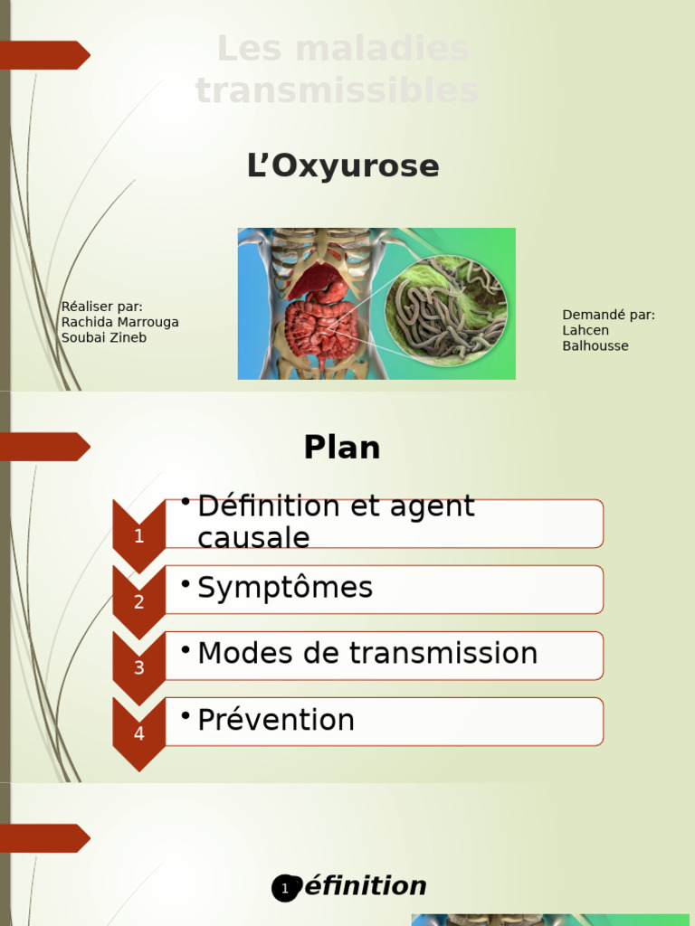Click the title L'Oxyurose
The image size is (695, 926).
[x=342, y=166]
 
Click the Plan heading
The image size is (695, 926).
[x=342, y=448]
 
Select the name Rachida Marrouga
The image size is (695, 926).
[x=119, y=322]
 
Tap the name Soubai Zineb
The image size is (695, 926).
[x=103, y=337]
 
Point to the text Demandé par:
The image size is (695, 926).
[x=608, y=315]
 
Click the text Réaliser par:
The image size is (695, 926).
[x=101, y=307]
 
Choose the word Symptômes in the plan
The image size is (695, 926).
[x=285, y=588]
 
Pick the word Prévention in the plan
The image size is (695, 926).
[x=276, y=721]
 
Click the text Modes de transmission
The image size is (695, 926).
[x=367, y=654]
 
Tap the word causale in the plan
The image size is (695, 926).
[x=253, y=538]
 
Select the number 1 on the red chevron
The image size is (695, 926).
[x=138, y=536]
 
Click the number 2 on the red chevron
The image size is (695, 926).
[x=138, y=602]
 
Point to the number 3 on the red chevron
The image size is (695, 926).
[x=138, y=668]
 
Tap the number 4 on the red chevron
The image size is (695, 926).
[x=138, y=734]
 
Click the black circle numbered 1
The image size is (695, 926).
[x=285, y=889]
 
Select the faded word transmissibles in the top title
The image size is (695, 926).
[x=337, y=90]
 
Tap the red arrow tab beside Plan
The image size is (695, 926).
[x=45, y=447]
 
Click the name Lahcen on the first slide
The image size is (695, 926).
[x=586, y=330]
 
